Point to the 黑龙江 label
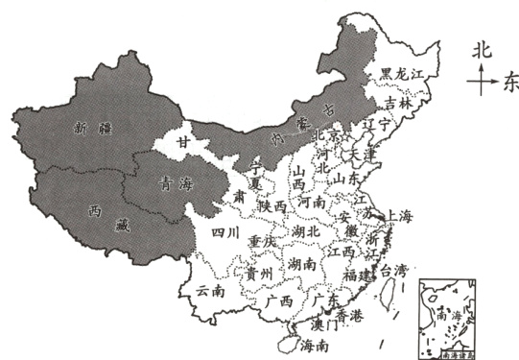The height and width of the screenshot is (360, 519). (x=400, y=72)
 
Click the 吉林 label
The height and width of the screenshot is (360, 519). (x=397, y=102)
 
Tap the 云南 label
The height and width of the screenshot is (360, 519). (x=209, y=289)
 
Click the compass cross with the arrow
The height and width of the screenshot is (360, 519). (x=480, y=83)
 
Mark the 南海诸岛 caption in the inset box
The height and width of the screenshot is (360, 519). (x=444, y=353)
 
